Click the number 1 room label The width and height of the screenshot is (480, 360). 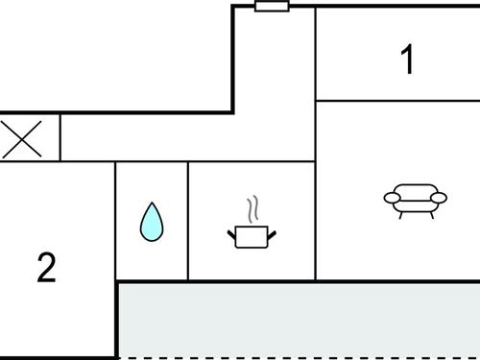pos(408,60)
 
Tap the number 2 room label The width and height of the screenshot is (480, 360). pos(46,268)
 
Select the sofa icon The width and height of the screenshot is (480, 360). pos(415,200)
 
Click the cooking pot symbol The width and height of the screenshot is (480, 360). pos(252,235)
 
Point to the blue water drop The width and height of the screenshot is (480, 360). pos(152,222)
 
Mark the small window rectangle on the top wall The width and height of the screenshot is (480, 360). pos(273,7)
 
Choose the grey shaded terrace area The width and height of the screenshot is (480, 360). pos(298,320)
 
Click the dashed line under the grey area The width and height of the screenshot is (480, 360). pos(298,357)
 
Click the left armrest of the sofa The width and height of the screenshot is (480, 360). pos(391,198)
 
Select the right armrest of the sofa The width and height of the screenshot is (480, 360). pos(439,198)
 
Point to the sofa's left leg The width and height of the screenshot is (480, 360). pos(401,212)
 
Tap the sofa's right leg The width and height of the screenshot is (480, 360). pos(429,212)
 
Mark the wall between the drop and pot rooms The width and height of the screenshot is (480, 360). pos(188,221)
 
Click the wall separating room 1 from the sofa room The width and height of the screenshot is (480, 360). pos(397,100)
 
